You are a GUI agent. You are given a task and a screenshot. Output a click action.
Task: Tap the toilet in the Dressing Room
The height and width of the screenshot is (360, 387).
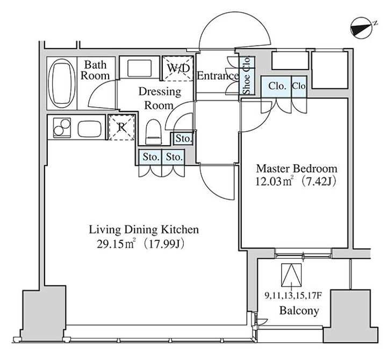tap(153, 132)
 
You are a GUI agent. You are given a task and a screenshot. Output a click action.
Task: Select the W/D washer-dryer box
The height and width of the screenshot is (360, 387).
tap(177, 68)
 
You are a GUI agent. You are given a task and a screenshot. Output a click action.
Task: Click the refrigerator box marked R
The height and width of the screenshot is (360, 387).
tap(121, 128)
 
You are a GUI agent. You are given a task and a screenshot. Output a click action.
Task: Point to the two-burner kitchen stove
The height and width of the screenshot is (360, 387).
tap(62, 128)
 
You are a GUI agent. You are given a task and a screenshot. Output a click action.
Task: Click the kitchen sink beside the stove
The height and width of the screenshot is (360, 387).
tap(90, 129)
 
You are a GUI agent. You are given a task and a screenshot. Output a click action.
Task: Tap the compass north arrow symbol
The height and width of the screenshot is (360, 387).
tap(361, 27)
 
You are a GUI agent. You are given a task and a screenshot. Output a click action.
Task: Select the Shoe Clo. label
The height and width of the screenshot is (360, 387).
tap(247, 75)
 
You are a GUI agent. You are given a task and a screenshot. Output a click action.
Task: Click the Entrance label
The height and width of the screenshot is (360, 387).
tap(218, 76)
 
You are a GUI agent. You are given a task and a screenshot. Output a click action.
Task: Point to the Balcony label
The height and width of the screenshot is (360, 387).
tap(299, 310)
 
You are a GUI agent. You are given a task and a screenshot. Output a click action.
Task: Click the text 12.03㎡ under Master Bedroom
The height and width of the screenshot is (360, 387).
tap(274, 181)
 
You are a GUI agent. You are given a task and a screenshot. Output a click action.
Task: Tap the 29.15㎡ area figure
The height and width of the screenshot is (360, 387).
tap(116, 244)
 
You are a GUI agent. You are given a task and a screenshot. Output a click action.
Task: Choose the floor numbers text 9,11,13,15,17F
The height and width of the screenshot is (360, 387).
tap(293, 295)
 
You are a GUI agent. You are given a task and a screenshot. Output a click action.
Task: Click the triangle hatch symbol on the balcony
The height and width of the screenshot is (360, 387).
tap(291, 276)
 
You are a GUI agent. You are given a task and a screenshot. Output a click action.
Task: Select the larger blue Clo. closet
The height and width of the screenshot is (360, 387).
tap(276, 87)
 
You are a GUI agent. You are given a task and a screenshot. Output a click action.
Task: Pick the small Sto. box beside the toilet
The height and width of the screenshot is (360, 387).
tap(183, 139)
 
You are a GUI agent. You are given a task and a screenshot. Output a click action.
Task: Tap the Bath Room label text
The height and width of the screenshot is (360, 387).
tap(95, 70)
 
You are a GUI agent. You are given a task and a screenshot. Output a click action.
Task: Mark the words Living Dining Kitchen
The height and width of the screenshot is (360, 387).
tap(144, 230)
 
